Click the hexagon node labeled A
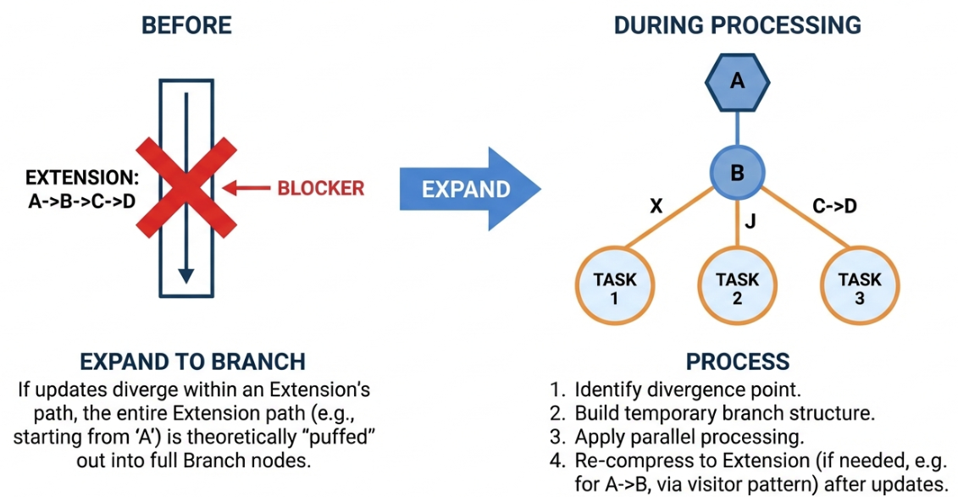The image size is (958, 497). (738, 82)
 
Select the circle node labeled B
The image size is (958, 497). (738, 173)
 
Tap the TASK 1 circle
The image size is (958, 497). (615, 285)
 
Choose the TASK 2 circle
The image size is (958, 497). (738, 285)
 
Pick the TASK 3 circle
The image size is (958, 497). (860, 285)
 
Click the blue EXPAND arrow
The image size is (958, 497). (470, 189)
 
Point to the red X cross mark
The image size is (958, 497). (186, 187)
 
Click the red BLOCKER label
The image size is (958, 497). (321, 188)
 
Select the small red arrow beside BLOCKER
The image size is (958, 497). (246, 188)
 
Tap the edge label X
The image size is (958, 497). (656, 207)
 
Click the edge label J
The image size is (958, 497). (750, 220)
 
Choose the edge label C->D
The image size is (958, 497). (834, 207)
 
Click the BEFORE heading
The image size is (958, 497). (186, 25)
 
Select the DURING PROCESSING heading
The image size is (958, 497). (738, 25)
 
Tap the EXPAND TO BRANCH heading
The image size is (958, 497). (192, 362)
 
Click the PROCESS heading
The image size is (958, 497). (738, 362)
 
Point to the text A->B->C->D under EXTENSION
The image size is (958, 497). (82, 201)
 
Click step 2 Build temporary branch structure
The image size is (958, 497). (712, 413)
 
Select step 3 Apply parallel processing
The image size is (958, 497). (676, 437)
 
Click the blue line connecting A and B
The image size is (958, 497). (738, 129)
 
